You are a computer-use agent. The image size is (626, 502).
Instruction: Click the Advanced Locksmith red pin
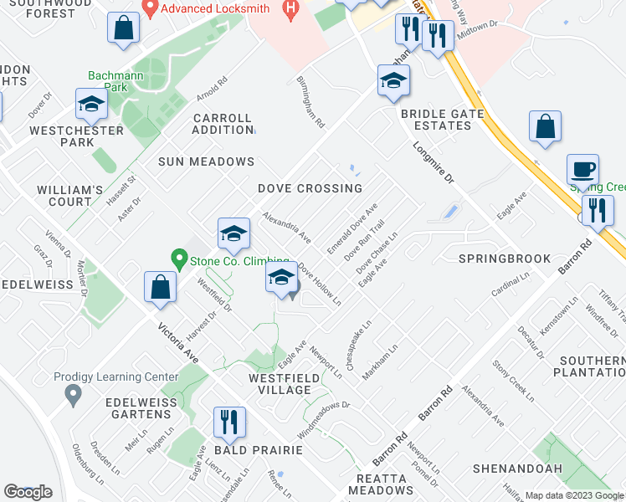coord(151,9)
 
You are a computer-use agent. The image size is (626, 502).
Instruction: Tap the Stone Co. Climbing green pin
coord(177,260)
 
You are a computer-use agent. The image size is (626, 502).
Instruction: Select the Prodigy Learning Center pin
coord(73,393)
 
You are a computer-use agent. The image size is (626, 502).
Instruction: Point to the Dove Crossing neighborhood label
coord(310,189)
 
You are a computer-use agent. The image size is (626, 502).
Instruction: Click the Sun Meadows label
coord(206,161)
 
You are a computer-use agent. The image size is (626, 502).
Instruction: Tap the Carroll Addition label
coord(223,124)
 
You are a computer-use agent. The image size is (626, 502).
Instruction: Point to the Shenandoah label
coord(519,469)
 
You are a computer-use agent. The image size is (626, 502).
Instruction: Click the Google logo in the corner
coord(28,492)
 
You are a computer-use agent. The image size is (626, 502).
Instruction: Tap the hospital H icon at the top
coord(290,9)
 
